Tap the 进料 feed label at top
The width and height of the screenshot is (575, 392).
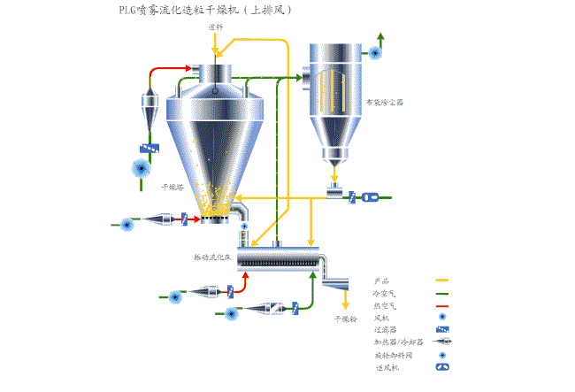[x=215, y=27]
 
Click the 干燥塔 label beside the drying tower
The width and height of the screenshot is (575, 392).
[x=172, y=188]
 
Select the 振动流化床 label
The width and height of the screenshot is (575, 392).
[x=212, y=257]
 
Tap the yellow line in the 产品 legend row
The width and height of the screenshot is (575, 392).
[x=442, y=281]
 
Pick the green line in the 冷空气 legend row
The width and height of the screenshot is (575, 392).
[x=442, y=293]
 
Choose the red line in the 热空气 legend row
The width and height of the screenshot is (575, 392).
[x=442, y=305]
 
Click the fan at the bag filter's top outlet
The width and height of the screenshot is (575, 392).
[x=376, y=53]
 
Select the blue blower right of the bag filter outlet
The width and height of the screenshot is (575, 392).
[x=371, y=197]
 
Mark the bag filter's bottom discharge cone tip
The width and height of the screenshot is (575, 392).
[x=334, y=164]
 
